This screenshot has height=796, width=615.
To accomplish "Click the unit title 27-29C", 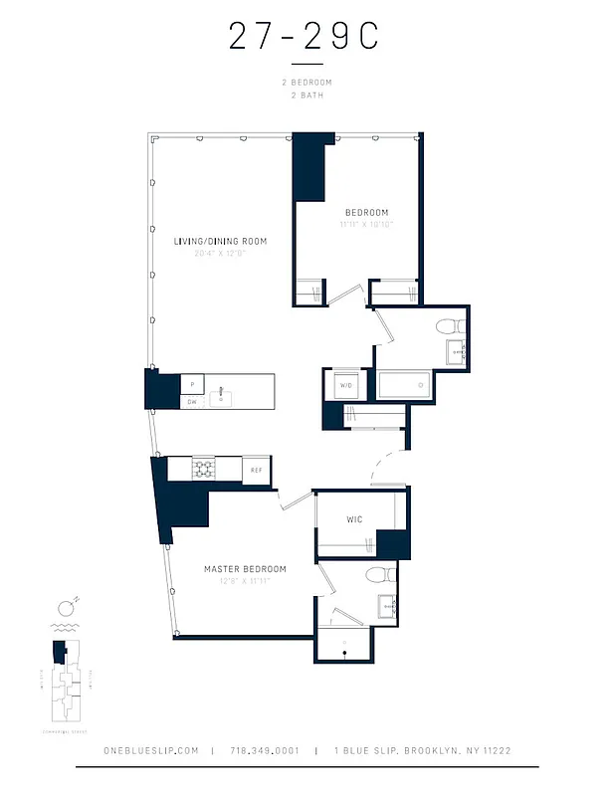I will [305, 37].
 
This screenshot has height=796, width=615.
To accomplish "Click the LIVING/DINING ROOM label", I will [220, 242].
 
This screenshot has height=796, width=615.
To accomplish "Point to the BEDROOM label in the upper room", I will [366, 212].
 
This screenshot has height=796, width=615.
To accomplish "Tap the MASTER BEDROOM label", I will [245, 569].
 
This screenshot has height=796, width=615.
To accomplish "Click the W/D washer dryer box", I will [346, 385].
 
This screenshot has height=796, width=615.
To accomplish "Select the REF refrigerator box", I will [256, 471].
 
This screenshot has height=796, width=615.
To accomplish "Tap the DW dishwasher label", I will [191, 402].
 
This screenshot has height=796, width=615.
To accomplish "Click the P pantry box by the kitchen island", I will [191, 384].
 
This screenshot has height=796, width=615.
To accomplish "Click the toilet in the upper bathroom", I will [449, 324].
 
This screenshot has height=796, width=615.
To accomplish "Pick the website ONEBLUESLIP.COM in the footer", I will [151, 751].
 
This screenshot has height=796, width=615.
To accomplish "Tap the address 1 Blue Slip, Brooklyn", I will [423, 751].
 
